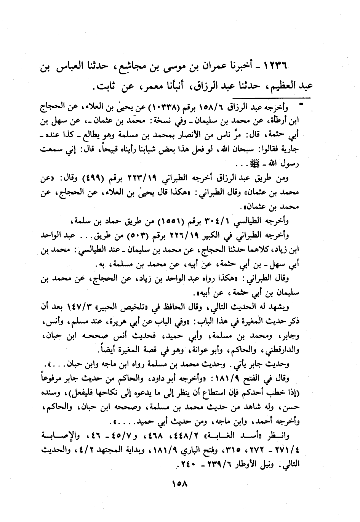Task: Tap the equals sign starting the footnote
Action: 301,103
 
